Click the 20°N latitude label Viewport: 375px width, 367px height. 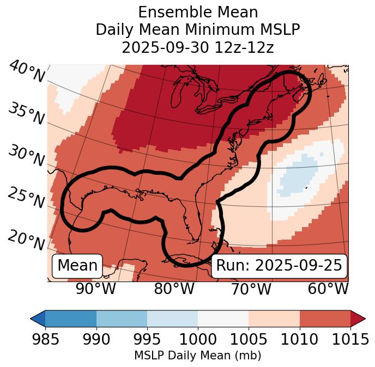point(26,240)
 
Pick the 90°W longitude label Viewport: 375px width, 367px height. point(96,289)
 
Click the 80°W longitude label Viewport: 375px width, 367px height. point(174,289)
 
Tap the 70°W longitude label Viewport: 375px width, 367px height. point(251,289)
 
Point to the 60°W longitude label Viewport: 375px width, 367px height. point(328,289)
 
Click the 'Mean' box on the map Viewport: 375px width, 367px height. point(77,266)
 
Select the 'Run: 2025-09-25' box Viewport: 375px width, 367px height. point(279,266)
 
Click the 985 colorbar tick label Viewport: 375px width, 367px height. point(45,339)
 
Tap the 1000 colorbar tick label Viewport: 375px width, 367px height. point(198,339)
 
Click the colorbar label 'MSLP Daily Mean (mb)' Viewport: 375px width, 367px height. point(198,356)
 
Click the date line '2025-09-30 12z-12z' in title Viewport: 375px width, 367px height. point(198,47)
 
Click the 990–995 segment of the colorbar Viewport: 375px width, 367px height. point(122,318)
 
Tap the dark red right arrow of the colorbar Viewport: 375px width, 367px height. point(358,318)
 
